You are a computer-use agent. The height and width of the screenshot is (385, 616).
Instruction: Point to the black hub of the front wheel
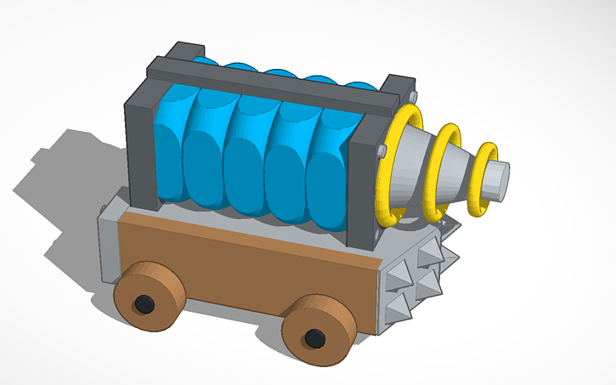pyautogui.click(x=315, y=338)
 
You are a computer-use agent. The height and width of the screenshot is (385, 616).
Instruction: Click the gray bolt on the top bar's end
pyautogui.click(x=415, y=94)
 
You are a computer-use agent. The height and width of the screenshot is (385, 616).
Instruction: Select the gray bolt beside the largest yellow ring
pyautogui.click(x=381, y=150)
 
